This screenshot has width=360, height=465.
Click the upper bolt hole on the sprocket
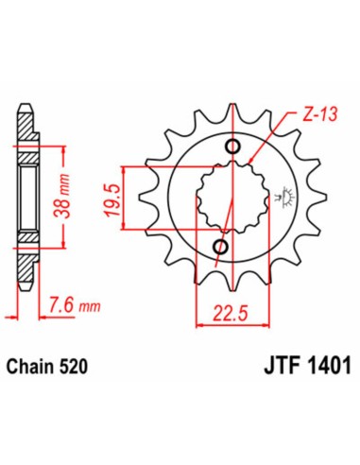[x=234, y=146]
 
